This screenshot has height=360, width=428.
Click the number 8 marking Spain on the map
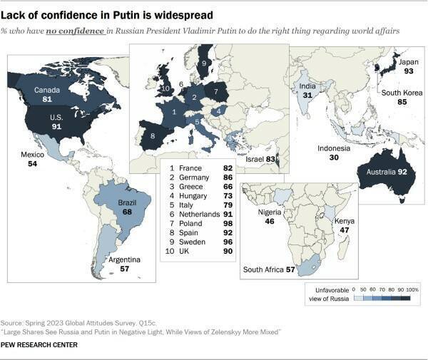point(151,134)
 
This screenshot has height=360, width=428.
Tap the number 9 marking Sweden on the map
point(203,63)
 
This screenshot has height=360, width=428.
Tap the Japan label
point(390,61)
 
